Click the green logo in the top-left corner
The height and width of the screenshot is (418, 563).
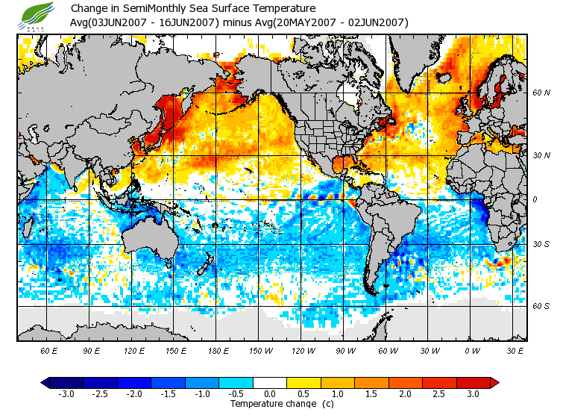38,13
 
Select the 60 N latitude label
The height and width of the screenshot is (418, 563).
541,93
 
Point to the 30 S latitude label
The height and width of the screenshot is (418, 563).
541,244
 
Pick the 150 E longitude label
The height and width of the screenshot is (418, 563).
176,351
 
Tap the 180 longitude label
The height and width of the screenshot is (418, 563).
218,351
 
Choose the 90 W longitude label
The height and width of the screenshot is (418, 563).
346,351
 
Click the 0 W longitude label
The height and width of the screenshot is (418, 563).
473,351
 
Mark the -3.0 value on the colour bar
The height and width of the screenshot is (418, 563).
66,393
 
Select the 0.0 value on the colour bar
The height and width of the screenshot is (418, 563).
270,393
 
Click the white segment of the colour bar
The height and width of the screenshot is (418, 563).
270,382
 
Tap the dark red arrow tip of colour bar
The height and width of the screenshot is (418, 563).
494,382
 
